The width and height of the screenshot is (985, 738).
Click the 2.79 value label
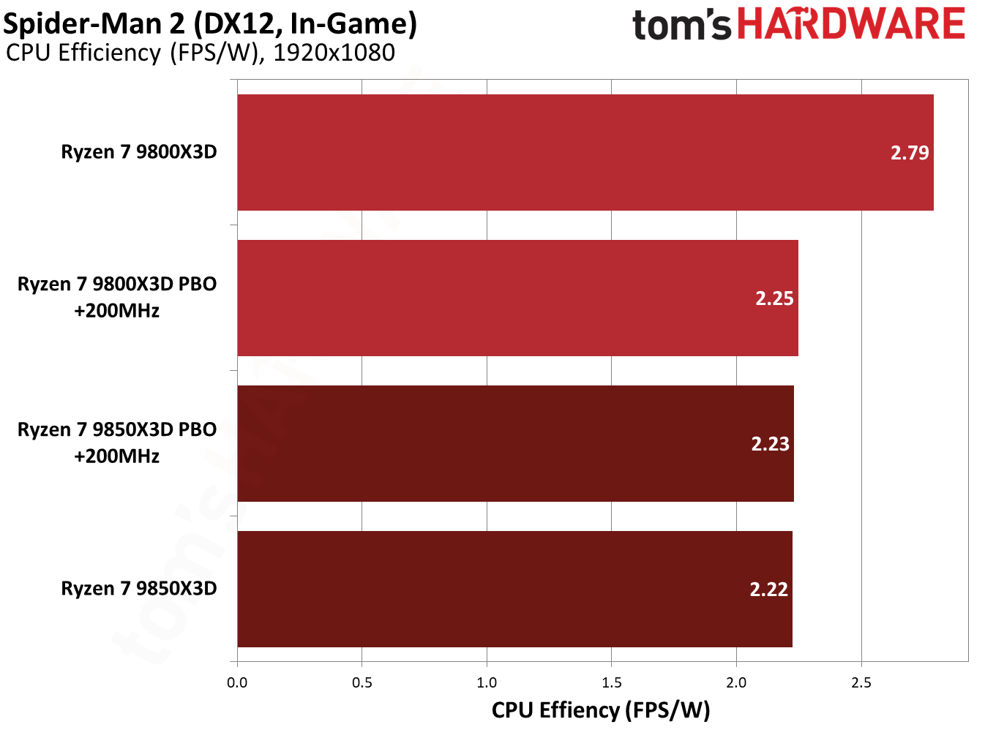click(x=910, y=153)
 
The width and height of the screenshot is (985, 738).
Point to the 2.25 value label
click(x=774, y=298)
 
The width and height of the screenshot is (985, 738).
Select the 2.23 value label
click(x=770, y=444)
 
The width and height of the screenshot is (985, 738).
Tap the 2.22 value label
click(x=768, y=590)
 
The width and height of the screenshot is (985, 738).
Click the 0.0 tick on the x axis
click(x=237, y=682)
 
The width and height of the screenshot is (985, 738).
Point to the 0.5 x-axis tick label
click(x=362, y=682)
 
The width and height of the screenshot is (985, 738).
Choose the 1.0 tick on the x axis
click(x=487, y=682)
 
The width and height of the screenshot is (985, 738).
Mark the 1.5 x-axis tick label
click(x=612, y=682)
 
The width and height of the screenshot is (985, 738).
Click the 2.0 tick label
click(x=736, y=682)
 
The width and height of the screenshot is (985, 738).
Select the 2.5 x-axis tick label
click(x=861, y=682)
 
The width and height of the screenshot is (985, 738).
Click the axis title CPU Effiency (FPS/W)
click(x=601, y=710)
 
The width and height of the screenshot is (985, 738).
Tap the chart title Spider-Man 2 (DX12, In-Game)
click(x=210, y=23)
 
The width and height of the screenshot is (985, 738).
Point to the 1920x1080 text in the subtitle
click(x=334, y=53)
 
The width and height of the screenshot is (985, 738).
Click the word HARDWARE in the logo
click(x=851, y=24)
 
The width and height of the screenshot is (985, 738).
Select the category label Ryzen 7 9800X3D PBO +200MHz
click(x=117, y=297)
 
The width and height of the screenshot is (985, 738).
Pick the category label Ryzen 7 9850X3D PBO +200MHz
click(x=117, y=443)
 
